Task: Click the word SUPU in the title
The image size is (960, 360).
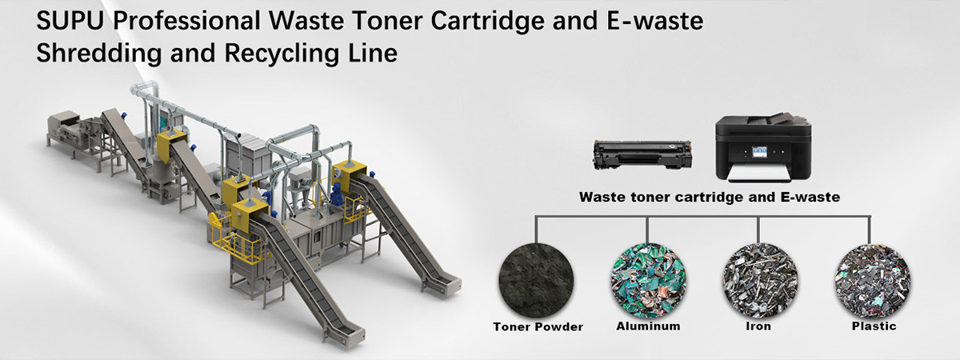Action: click(x=70, y=21)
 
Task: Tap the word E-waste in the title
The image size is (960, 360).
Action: click(x=655, y=21)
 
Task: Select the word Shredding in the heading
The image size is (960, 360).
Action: click(x=99, y=54)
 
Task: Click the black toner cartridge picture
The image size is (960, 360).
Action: click(x=642, y=154)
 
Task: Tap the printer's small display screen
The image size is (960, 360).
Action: click(x=759, y=152)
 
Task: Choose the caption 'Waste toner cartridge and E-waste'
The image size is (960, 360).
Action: click(x=710, y=197)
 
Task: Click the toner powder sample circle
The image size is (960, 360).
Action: click(x=536, y=281)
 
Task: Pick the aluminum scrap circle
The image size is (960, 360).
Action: click(x=648, y=281)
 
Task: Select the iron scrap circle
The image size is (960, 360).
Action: click(x=760, y=281)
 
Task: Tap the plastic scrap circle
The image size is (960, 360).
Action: click(x=873, y=281)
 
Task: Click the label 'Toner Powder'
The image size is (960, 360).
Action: click(x=538, y=327)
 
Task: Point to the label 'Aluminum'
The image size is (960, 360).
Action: click(x=648, y=326)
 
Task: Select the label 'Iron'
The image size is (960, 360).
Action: click(x=758, y=326)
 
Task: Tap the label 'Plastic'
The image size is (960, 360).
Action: click(x=874, y=326)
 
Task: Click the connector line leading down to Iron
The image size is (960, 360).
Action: click(x=758, y=230)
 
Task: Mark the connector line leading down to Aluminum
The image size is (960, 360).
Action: click(x=647, y=230)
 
